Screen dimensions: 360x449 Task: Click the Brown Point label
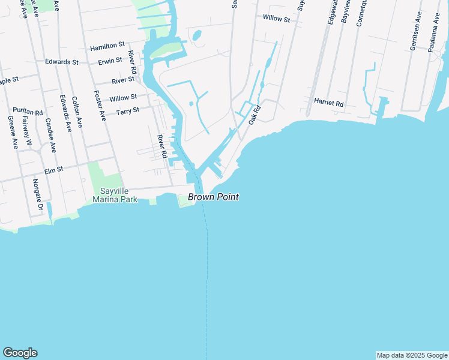213,197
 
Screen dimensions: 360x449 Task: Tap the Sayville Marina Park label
115,195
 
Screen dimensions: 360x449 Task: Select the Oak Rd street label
255,115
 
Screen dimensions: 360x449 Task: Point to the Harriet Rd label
328,103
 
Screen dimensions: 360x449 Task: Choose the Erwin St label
111,61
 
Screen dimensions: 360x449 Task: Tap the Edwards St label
62,62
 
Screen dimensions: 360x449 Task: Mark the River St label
123,80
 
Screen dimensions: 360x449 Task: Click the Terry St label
127,111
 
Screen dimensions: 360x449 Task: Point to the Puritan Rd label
28,112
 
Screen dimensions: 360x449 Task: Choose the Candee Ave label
50,135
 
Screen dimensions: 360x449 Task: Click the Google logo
20,353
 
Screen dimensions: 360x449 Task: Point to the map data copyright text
412,355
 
